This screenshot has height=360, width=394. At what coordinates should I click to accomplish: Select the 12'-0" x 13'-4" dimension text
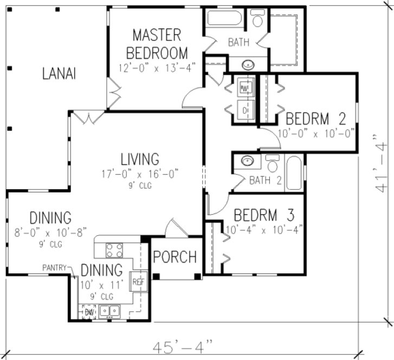click(157, 67)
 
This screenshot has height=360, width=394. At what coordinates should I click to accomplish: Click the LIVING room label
click(139, 159)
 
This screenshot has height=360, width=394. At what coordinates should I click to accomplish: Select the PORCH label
click(175, 257)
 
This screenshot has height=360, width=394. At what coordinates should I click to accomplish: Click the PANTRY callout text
click(56, 267)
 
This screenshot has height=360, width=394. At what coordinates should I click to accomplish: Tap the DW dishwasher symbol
click(88, 312)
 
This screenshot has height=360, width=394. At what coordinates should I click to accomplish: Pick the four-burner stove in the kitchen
click(114, 250)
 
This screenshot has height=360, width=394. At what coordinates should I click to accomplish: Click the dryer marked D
click(245, 111)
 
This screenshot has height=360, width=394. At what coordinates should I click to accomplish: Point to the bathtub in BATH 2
click(294, 172)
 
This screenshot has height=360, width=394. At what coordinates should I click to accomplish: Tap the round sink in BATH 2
click(247, 161)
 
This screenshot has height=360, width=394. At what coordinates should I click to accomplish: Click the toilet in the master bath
click(258, 20)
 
